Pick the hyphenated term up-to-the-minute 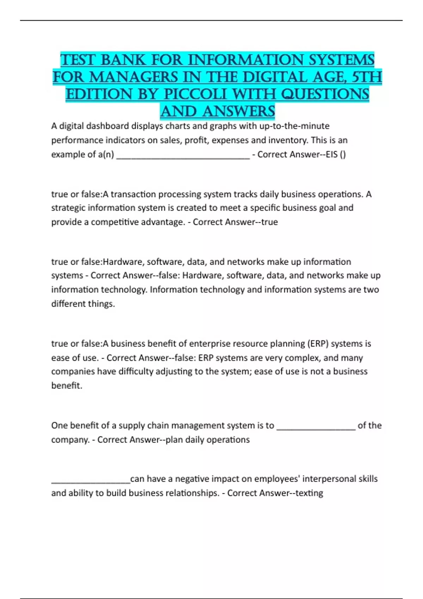point(294,126)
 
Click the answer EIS point(332,154)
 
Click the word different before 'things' point(68,304)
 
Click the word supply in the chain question point(131,426)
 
